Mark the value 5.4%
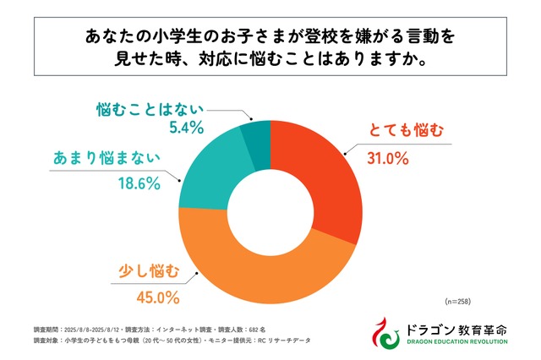(x=183, y=128)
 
